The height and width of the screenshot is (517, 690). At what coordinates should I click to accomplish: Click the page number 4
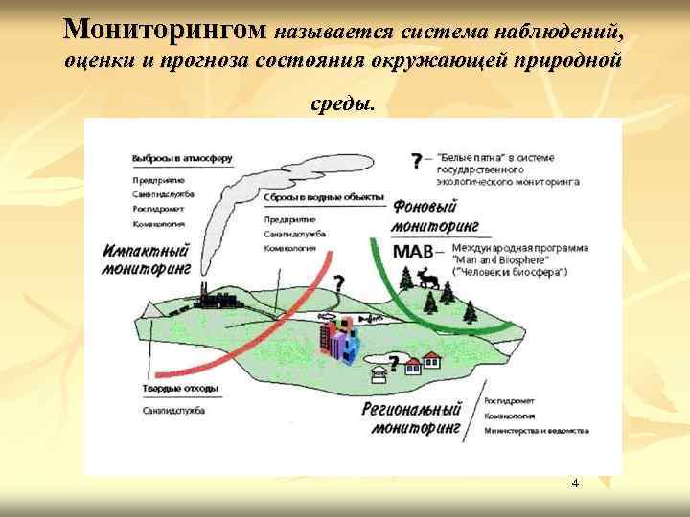pyautogui.click(x=574, y=483)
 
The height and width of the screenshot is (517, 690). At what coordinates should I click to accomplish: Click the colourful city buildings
pyautogui.click(x=339, y=338)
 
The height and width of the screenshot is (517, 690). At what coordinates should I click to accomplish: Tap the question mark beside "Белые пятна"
pyautogui.click(x=416, y=160)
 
